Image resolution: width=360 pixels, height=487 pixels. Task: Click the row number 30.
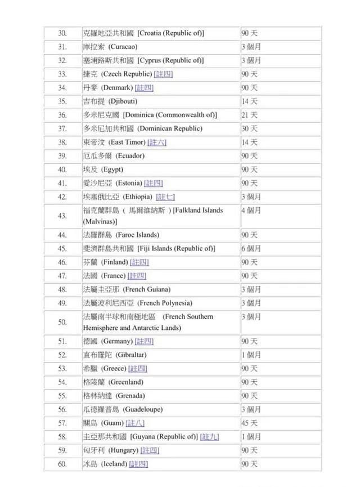62,33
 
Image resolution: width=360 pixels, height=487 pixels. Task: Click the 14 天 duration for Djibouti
249,101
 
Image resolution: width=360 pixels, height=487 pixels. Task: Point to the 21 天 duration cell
249,115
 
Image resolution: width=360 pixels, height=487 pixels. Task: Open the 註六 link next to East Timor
157,142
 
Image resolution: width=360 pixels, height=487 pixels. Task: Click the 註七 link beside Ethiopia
165,197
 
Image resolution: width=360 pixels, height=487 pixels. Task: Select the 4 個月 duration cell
251,211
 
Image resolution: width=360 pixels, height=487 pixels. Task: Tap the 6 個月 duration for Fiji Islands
251,248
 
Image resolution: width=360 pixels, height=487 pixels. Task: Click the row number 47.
62,276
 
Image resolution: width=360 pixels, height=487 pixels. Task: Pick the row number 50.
62,322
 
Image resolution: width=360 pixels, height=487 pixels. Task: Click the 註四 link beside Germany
144,341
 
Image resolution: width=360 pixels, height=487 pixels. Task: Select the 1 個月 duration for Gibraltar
251,355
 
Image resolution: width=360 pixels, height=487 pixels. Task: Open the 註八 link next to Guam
135,423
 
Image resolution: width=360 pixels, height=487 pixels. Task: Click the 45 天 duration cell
249,423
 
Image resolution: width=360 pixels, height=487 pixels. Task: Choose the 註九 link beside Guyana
210,437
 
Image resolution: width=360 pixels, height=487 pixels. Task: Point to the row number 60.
62,464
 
